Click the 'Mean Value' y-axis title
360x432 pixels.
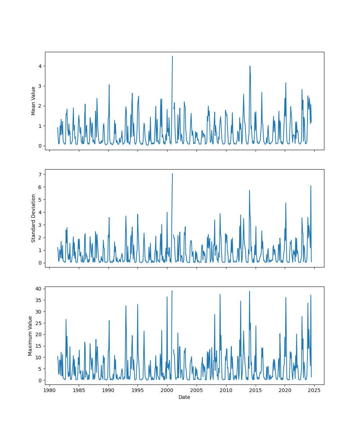pos(33,101)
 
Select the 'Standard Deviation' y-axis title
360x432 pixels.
pos(33,218)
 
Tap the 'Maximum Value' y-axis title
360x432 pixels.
pos(30,336)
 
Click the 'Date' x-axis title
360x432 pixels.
pos(184,397)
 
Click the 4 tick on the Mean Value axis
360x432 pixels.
pos(41,66)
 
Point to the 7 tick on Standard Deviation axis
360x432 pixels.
pos(41,174)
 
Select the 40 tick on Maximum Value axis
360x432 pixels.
pos(39,289)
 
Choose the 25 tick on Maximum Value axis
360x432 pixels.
pos(39,323)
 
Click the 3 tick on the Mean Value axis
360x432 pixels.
pos(41,86)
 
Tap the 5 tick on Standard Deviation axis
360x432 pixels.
pos(41,199)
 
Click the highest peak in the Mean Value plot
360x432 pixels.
pos(172,56)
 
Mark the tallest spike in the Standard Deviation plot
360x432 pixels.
pos(172,174)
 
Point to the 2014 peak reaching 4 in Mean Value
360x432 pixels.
pos(250,66)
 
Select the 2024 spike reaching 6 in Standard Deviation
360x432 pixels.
pos(311,186)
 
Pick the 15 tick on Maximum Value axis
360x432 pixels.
pos(39,346)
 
